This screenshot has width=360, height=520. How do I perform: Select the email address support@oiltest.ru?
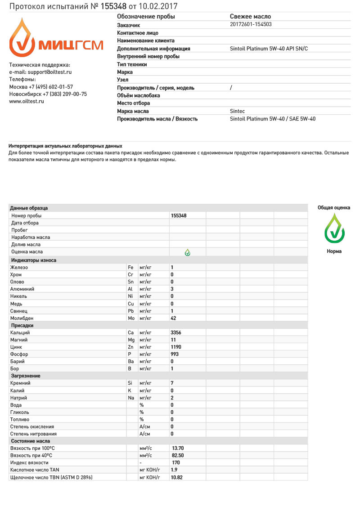(49, 72)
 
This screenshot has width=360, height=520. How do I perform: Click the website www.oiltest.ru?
(27, 102)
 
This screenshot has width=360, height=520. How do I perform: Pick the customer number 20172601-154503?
(251, 25)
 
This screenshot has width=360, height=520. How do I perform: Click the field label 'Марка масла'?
(133, 111)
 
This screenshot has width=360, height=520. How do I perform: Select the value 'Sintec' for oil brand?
(238, 111)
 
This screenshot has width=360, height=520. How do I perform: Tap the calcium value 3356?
(176, 332)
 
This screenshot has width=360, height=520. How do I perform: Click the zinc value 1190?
(176, 347)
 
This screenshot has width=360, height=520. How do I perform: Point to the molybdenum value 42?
(173, 318)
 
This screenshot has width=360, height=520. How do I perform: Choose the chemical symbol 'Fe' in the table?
(130, 268)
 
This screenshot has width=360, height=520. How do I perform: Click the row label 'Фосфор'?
(19, 354)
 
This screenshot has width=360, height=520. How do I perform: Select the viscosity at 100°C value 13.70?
(178, 448)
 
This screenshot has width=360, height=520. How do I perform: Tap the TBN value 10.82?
(177, 477)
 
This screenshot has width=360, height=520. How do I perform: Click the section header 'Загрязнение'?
(25, 376)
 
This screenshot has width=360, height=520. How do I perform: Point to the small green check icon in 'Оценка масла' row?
(188, 252)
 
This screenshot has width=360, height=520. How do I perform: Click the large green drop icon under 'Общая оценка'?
(334, 228)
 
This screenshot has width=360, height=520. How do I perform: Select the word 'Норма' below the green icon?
(334, 251)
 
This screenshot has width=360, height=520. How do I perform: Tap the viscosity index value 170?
(176, 462)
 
